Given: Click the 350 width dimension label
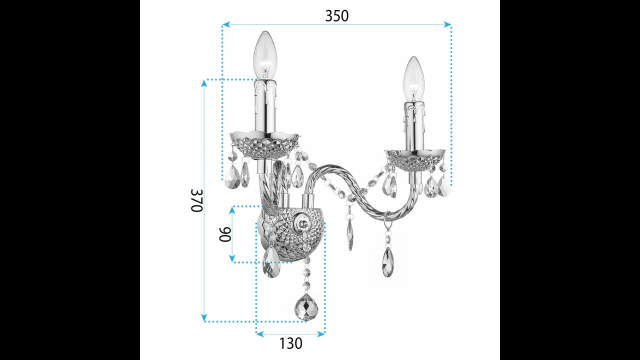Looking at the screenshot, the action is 337,16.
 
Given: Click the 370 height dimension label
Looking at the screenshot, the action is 196,200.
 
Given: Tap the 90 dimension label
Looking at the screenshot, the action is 225,234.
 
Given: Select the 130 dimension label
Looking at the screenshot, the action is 290,343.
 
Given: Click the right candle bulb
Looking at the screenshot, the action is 413,79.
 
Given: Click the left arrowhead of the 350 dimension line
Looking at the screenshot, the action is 225,24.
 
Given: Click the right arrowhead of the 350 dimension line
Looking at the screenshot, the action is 448,24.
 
